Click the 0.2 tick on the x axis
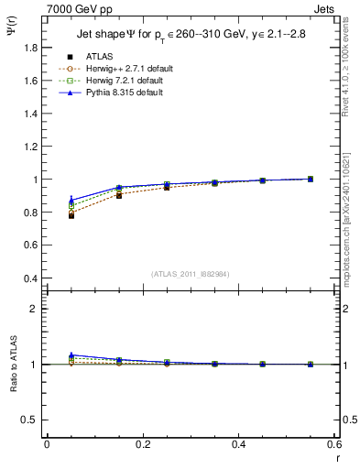tap(143, 444)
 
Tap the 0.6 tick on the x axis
tap(334, 444)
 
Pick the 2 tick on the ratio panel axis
tap(34, 309)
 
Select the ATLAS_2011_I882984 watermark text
tap(191, 274)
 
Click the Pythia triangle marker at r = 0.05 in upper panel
tap(71, 200)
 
